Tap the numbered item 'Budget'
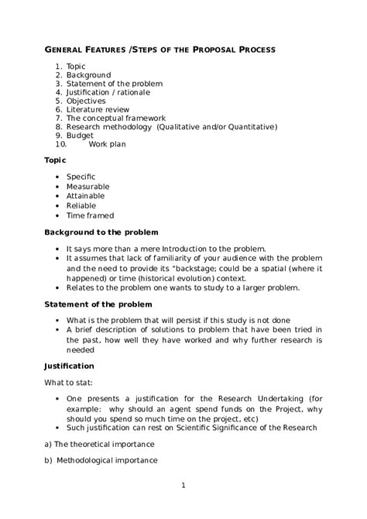tap(80, 135)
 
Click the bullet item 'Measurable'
tap(87, 187)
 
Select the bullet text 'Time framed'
tap(90, 215)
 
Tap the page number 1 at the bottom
tap(183, 486)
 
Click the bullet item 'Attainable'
tap(85, 196)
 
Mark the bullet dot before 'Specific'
tap(57, 177)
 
